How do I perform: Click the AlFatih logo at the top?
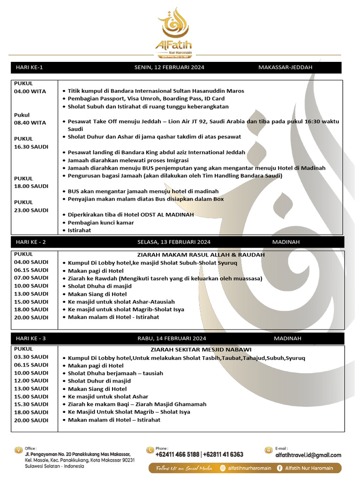[174, 33]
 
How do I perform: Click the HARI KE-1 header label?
[29, 67]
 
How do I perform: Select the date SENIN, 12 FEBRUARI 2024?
[169, 67]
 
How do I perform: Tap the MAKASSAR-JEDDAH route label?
[285, 67]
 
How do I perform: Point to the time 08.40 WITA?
[30, 123]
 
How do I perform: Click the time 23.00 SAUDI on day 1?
[31, 210]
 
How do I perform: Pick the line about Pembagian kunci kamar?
[101, 223]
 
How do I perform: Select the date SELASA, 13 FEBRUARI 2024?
[174, 242]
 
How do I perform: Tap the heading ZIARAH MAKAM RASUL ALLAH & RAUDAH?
[201, 255]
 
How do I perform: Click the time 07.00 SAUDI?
[31, 278]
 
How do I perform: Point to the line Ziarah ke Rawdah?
[165, 278]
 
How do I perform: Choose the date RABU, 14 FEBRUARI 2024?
[172, 338]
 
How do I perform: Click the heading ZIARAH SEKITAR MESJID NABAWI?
[201, 350]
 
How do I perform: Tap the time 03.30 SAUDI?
[31, 357]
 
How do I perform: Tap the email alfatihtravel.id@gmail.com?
[308, 455]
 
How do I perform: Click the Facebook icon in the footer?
[279, 468]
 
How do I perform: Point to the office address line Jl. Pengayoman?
[77, 454]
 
